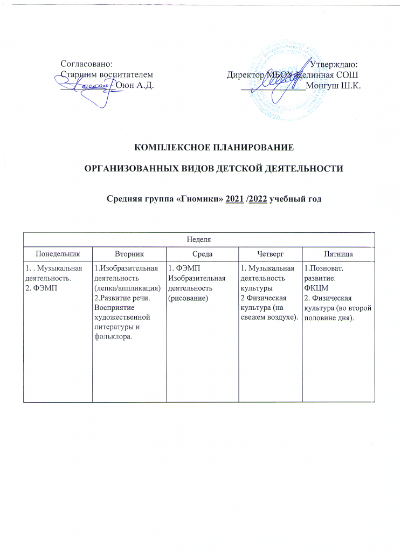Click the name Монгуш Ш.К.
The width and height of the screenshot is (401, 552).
[333, 85]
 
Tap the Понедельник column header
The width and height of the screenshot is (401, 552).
[57, 252]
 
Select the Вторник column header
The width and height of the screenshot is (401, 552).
[128, 252]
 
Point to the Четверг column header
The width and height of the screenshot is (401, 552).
[268, 252]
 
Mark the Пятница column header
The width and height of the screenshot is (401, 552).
[337, 252]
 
